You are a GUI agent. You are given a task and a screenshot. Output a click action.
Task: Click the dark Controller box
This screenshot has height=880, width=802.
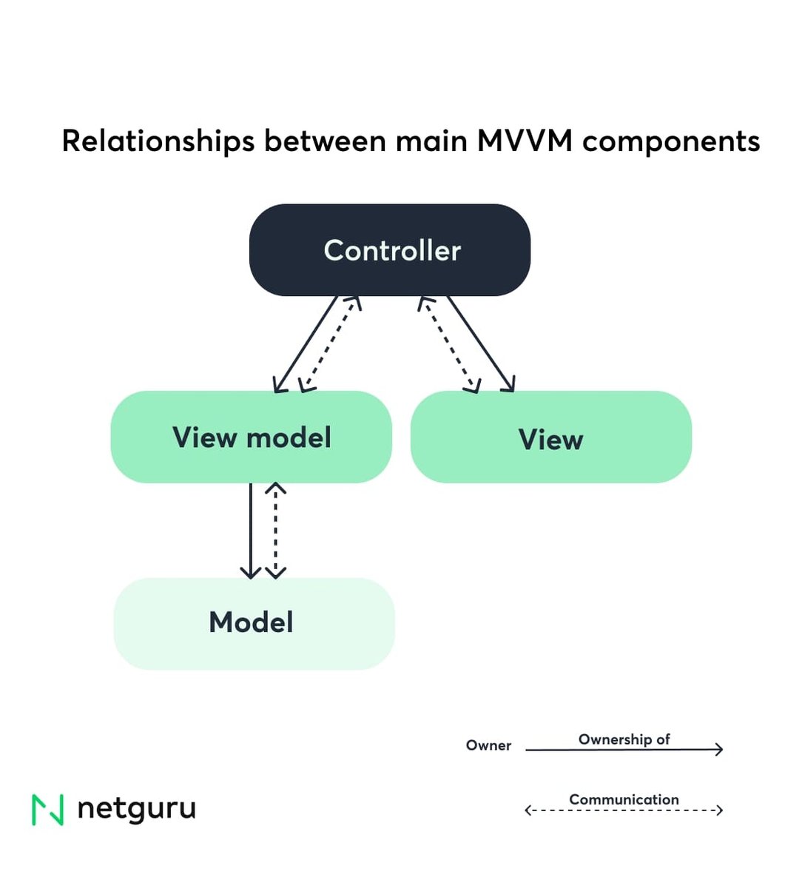click(390, 250)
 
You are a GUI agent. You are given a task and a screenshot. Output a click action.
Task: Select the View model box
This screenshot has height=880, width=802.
click(251, 437)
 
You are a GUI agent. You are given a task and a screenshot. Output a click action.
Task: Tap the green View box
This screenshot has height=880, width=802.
click(550, 437)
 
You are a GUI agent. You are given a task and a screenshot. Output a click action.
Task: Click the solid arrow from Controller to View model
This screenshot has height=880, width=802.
click(305, 344)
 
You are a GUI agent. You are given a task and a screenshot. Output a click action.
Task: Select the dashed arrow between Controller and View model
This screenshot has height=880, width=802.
click(331, 344)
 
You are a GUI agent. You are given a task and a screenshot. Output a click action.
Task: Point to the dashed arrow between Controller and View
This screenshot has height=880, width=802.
click(449, 344)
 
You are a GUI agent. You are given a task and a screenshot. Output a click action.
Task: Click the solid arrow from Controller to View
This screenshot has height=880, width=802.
click(480, 344)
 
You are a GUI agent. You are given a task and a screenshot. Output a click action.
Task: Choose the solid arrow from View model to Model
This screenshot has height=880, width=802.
click(251, 530)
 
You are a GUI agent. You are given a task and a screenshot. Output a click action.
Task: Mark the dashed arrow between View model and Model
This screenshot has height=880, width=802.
click(275, 530)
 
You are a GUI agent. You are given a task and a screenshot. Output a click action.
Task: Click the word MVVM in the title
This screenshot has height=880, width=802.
click(525, 141)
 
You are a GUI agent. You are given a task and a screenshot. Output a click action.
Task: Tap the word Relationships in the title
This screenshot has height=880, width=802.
click(158, 141)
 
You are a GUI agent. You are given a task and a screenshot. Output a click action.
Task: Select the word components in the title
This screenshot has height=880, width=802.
click(671, 141)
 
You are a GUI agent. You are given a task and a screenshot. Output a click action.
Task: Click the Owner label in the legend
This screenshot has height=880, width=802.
click(488, 745)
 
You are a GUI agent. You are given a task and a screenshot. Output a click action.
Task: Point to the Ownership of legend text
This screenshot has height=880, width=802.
click(624, 739)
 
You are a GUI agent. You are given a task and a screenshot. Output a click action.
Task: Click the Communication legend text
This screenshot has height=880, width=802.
click(624, 799)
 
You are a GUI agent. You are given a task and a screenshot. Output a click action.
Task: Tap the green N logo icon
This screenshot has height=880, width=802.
click(48, 810)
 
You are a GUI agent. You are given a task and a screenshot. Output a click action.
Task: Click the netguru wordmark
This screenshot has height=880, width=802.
click(136, 808)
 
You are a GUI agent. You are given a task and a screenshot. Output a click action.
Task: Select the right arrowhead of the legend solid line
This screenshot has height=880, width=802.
click(718, 749)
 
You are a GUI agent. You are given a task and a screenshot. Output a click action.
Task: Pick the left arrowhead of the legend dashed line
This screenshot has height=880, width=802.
click(529, 810)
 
